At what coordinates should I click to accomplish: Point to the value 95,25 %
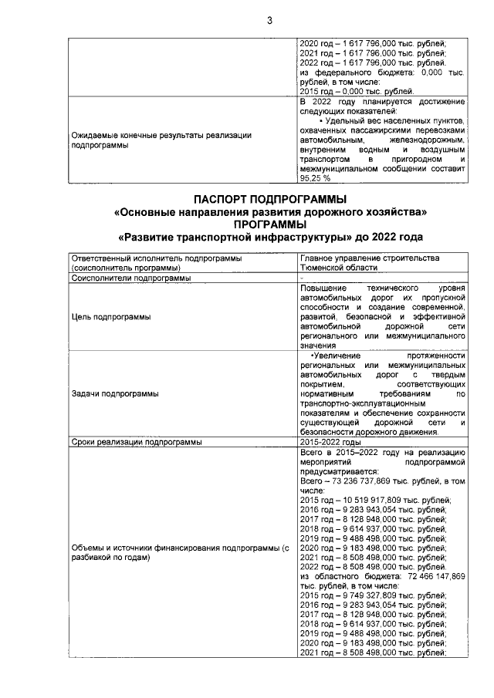pos(315,177)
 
